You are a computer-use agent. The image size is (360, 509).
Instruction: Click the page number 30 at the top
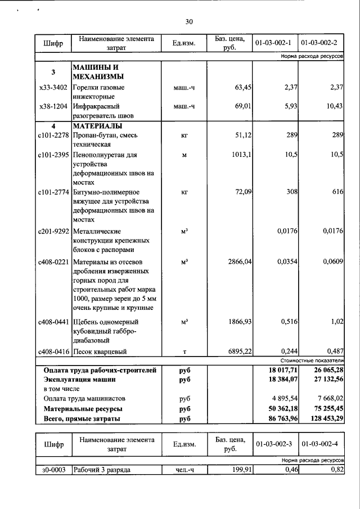coord(189,22)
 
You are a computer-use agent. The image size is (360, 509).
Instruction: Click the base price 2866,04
coord(236,262)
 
